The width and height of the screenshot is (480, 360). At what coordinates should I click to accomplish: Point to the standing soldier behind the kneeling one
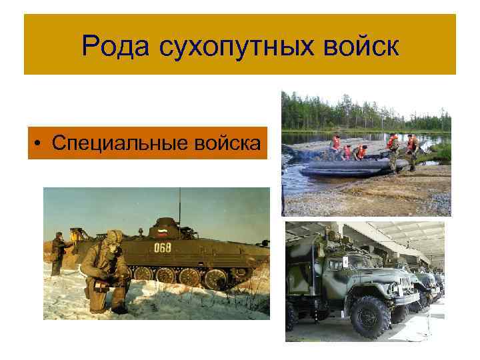pos(59,253)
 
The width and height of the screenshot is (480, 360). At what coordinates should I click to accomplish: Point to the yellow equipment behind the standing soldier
pos(78,237)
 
